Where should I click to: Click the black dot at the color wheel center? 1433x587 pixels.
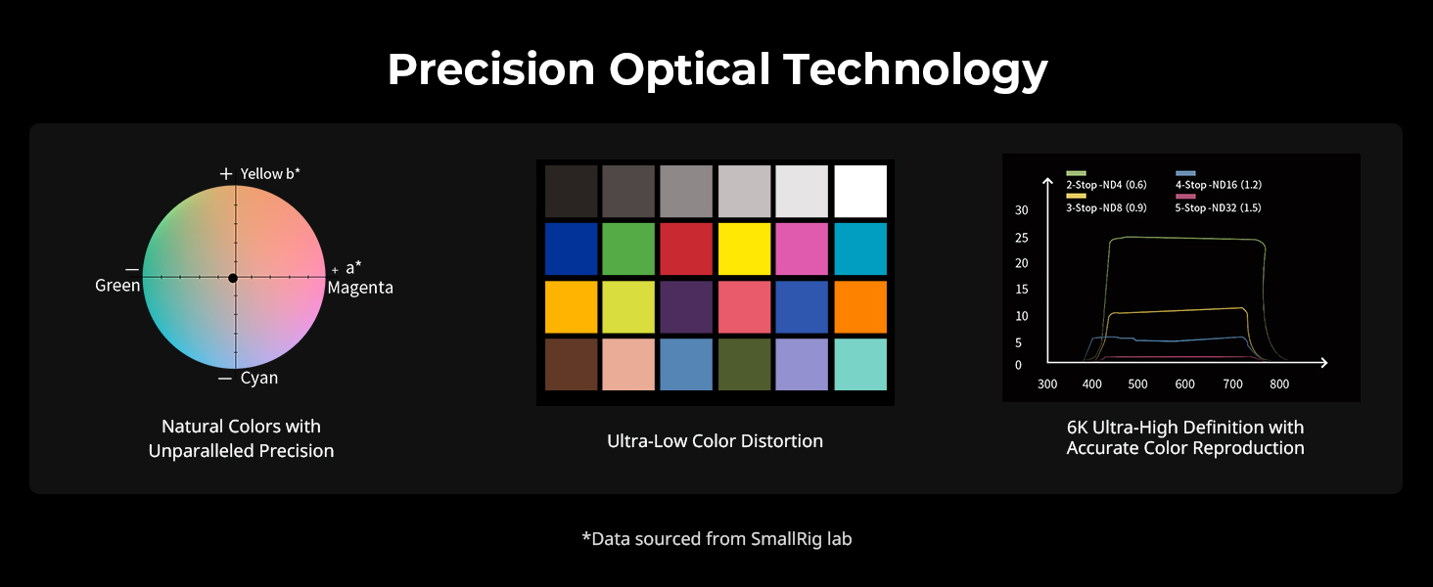coord(233,278)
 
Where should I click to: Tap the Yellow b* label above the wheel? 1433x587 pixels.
coord(270,174)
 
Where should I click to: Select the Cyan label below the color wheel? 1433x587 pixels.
coord(259,378)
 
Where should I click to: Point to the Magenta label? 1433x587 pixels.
coord(360,288)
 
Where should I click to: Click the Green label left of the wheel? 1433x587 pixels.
coord(117,286)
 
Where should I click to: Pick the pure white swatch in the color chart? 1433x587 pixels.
coord(860,191)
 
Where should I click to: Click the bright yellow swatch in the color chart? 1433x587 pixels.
coord(745,248)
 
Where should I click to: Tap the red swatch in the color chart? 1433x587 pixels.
coord(686,248)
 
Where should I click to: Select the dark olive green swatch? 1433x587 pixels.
coord(745,365)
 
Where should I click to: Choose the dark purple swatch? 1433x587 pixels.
coord(686,307)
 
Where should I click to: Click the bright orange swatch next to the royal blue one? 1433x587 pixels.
coord(860,307)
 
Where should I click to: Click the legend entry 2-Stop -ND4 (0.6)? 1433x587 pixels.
coord(1106,185)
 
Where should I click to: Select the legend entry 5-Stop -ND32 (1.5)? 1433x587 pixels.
coord(1218,207)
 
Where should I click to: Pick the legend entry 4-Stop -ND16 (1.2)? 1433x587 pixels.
coord(1219,185)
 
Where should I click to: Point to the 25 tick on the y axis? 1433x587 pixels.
coord(1022,238)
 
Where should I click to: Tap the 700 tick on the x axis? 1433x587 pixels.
coord(1232,384)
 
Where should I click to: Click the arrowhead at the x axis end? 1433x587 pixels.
coord(1323,363)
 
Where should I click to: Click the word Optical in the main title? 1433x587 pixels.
coord(690,69)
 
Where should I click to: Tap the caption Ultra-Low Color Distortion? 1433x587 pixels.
coord(716,441)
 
